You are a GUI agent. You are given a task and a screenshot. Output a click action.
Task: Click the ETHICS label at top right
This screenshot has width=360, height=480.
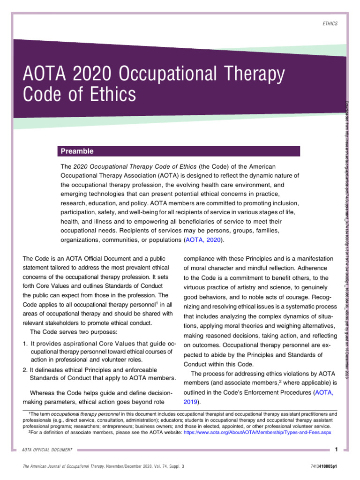tap(330, 23)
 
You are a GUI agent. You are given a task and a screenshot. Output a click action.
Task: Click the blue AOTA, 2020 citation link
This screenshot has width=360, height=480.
tap(204, 240)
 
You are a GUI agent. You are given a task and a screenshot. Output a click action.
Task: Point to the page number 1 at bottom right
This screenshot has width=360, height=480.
tap(337, 450)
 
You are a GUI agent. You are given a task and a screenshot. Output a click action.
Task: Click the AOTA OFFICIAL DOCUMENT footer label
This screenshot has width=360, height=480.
tap(47, 450)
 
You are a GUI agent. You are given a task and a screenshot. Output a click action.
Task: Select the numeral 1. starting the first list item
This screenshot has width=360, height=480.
tap(25, 344)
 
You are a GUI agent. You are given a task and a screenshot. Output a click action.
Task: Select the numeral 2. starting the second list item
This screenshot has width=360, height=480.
tap(25, 370)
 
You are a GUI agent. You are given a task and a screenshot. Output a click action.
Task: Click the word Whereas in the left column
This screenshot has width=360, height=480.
tap(43, 392)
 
